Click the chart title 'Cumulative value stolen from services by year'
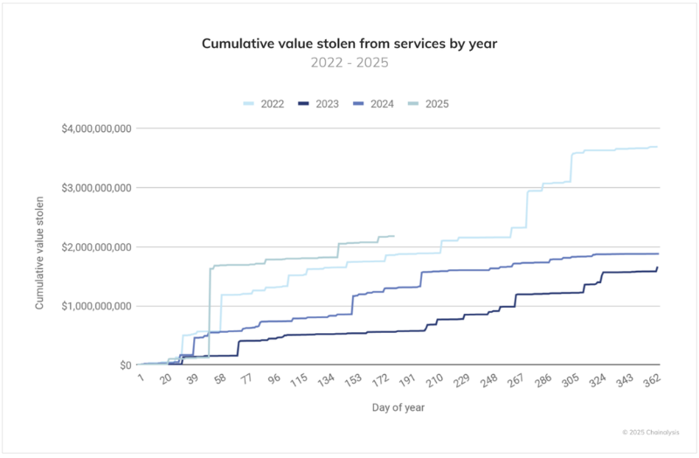click(349, 43)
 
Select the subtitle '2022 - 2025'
click(349, 63)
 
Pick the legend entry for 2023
click(320, 104)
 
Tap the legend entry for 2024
click(374, 104)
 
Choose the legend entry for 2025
click(428, 104)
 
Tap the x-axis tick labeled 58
click(219, 380)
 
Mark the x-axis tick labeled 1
click(142, 380)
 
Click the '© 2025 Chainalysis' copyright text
click(650, 432)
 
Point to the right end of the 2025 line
click(394, 236)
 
